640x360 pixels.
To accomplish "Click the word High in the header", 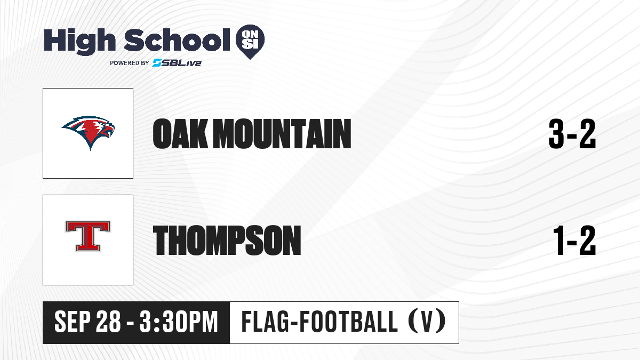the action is (79, 42).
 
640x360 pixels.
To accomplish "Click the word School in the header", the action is (177, 40).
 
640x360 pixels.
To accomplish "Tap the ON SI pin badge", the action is (250, 42).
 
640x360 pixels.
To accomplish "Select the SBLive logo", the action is (177, 63).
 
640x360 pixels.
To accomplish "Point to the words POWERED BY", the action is (130, 63).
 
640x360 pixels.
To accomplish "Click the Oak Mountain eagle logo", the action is (88, 133).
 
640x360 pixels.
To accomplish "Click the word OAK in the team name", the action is (180, 134).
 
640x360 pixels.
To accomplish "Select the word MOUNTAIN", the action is (282, 134).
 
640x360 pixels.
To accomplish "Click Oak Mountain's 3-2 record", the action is (572, 134).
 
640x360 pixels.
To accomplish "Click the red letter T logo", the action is (88, 236).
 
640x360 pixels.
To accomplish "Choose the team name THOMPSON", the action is (227, 240).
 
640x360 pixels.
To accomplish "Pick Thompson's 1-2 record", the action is (574, 241).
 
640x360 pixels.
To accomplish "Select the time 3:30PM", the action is (179, 322).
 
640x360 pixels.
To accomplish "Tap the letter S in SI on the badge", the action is (246, 44).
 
